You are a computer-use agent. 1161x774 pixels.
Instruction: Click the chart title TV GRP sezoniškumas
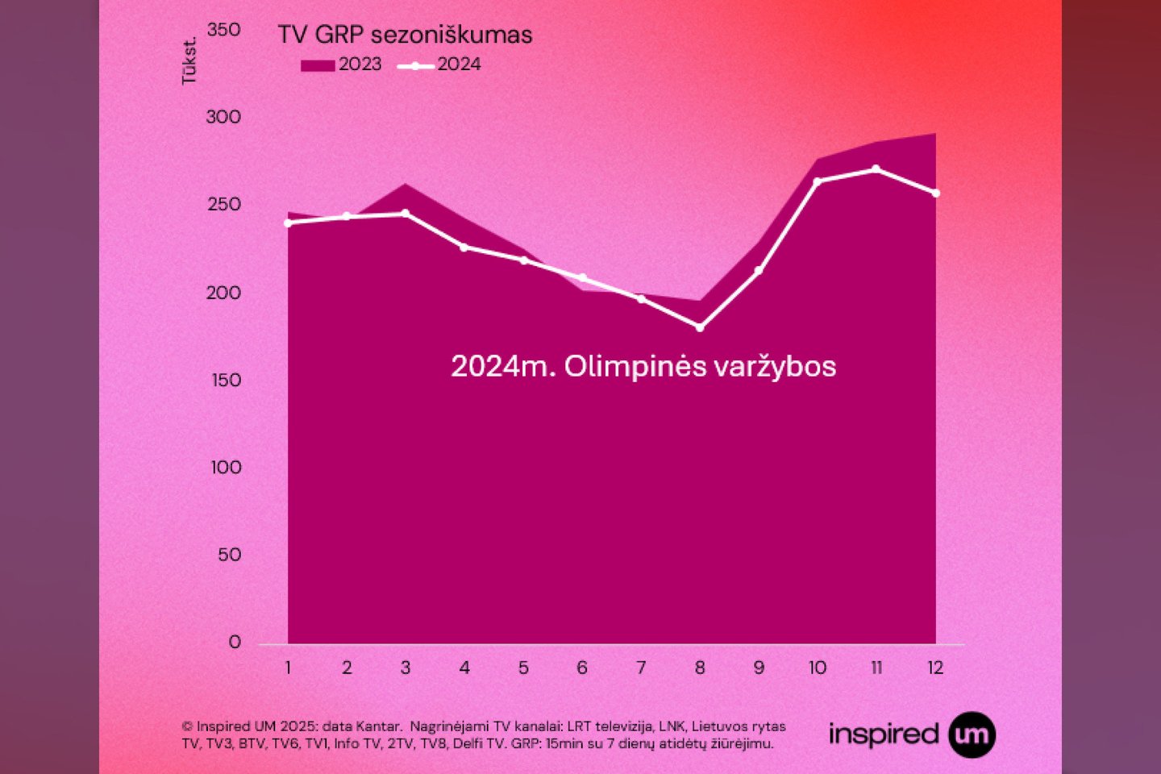[405, 35]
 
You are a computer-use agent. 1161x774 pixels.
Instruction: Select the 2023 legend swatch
[317, 65]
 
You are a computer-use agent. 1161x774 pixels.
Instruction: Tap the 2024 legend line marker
[415, 65]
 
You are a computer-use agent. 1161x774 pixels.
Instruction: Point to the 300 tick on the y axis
[223, 117]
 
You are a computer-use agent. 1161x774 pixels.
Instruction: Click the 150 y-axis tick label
[226, 380]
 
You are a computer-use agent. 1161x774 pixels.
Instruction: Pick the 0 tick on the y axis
[235, 642]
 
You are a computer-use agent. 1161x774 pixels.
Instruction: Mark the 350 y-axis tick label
[223, 30]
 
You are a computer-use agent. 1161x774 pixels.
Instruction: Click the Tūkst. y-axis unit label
[189, 60]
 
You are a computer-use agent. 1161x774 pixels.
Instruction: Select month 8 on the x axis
[700, 668]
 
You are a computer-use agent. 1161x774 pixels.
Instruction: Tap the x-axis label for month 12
[935, 668]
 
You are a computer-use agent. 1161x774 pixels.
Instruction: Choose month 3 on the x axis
[406, 668]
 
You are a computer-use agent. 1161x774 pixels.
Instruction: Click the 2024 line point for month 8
[700, 327]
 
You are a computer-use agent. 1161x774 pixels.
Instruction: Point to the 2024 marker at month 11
[876, 169]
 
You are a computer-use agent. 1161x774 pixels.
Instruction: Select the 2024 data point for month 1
[288, 223]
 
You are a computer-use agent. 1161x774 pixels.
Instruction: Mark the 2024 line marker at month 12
[935, 193]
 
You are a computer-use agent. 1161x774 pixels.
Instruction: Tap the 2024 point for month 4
[464, 247]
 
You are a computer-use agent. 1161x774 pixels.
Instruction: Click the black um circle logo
[972, 734]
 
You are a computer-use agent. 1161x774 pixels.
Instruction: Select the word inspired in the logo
[884, 734]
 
